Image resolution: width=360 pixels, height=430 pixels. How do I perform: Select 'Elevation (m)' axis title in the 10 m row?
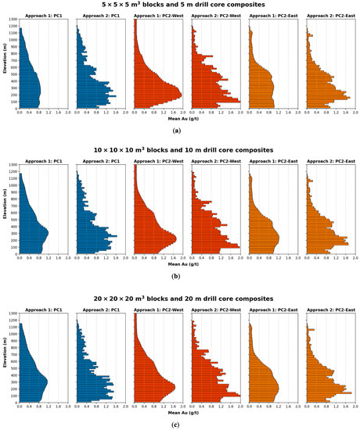click(x=4, y=210)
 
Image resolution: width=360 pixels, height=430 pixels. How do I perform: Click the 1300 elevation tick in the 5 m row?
click(x=13, y=20)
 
